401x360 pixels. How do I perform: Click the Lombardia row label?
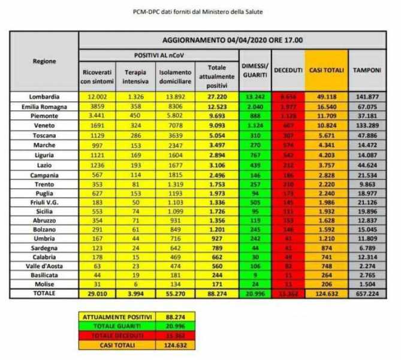pos(45,96)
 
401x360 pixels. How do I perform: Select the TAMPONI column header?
pos(367,70)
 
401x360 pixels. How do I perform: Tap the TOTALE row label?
pos(45,293)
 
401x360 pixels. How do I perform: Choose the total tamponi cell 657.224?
pos(367,293)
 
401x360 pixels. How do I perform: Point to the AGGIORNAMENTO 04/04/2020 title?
pos(233,40)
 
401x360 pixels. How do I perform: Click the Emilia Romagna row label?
pos(45,105)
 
